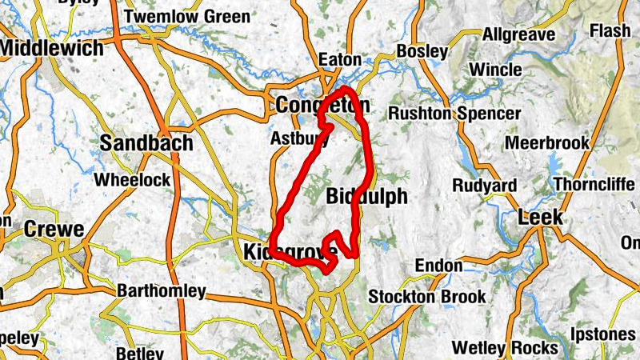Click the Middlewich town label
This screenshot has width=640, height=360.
coord(52,48)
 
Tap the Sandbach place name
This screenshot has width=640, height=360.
coord(147,143)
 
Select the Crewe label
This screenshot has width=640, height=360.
coord(54,229)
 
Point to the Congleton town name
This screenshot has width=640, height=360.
coord(322,105)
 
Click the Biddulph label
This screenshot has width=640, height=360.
coord(367,197)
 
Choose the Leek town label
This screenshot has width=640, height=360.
coord(541,218)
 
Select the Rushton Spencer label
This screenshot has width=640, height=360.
coord(453,114)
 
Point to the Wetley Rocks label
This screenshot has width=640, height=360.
coord(504,348)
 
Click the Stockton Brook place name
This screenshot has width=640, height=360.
coord(426,297)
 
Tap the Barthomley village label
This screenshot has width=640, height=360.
coord(161,291)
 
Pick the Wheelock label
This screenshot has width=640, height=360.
coord(132,180)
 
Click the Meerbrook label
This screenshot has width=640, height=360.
coord(547,144)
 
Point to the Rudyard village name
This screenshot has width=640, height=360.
coord(484,186)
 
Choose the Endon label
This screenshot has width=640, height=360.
coord(438,266)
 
